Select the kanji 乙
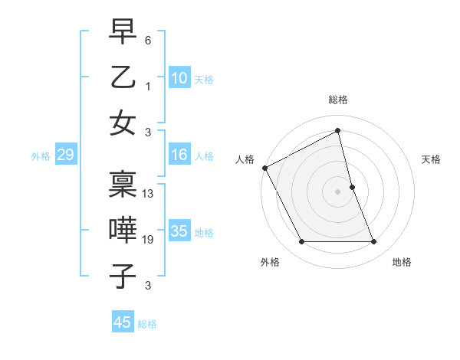(x=123, y=77)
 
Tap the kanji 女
(x=123, y=123)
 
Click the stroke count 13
(x=148, y=194)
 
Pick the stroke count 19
(x=148, y=240)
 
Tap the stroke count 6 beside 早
(x=148, y=40)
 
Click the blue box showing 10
(x=179, y=77)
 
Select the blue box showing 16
(x=179, y=155)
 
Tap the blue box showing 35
(x=179, y=231)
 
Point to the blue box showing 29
(x=65, y=155)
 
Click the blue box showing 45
(x=123, y=322)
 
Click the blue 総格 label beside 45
(x=147, y=324)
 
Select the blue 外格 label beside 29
(x=41, y=156)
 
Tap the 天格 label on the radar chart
(x=432, y=159)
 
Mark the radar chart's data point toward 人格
(x=264, y=168)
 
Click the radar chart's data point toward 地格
(x=374, y=242)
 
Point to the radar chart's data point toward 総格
(x=338, y=130)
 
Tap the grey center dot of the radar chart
(x=338, y=191)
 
